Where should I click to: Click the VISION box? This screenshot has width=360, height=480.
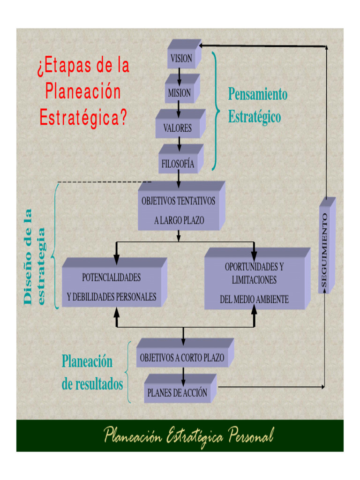tap(184, 54)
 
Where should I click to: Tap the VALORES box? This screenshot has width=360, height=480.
tap(180, 124)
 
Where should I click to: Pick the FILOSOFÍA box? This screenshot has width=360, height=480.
tap(180, 159)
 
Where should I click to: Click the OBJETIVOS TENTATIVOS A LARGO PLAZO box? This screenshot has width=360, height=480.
tap(181, 206)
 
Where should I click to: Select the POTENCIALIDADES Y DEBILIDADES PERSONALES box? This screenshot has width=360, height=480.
tap(114, 282)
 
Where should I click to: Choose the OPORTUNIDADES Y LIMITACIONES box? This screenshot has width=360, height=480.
tap(257, 278)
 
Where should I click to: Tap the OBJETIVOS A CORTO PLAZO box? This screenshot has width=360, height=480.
tap(185, 352)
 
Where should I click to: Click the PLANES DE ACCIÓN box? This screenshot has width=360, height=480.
tap(180, 388)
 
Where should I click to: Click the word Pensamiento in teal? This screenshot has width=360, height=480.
tap(258, 94)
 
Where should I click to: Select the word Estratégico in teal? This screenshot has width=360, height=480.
tap(255, 117)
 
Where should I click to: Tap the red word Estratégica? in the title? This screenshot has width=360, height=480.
tap(83, 118)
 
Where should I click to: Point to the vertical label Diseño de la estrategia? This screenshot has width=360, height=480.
tap(34, 257)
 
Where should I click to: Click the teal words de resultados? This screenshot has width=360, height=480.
tap(92, 384)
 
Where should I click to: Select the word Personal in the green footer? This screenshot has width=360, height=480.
tap(251, 436)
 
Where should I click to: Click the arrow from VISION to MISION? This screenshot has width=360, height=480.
tap(180, 77)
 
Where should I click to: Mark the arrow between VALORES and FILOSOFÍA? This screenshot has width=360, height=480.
tap(180, 144)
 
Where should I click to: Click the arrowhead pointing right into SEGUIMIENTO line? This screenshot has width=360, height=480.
tap(322, 387)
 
